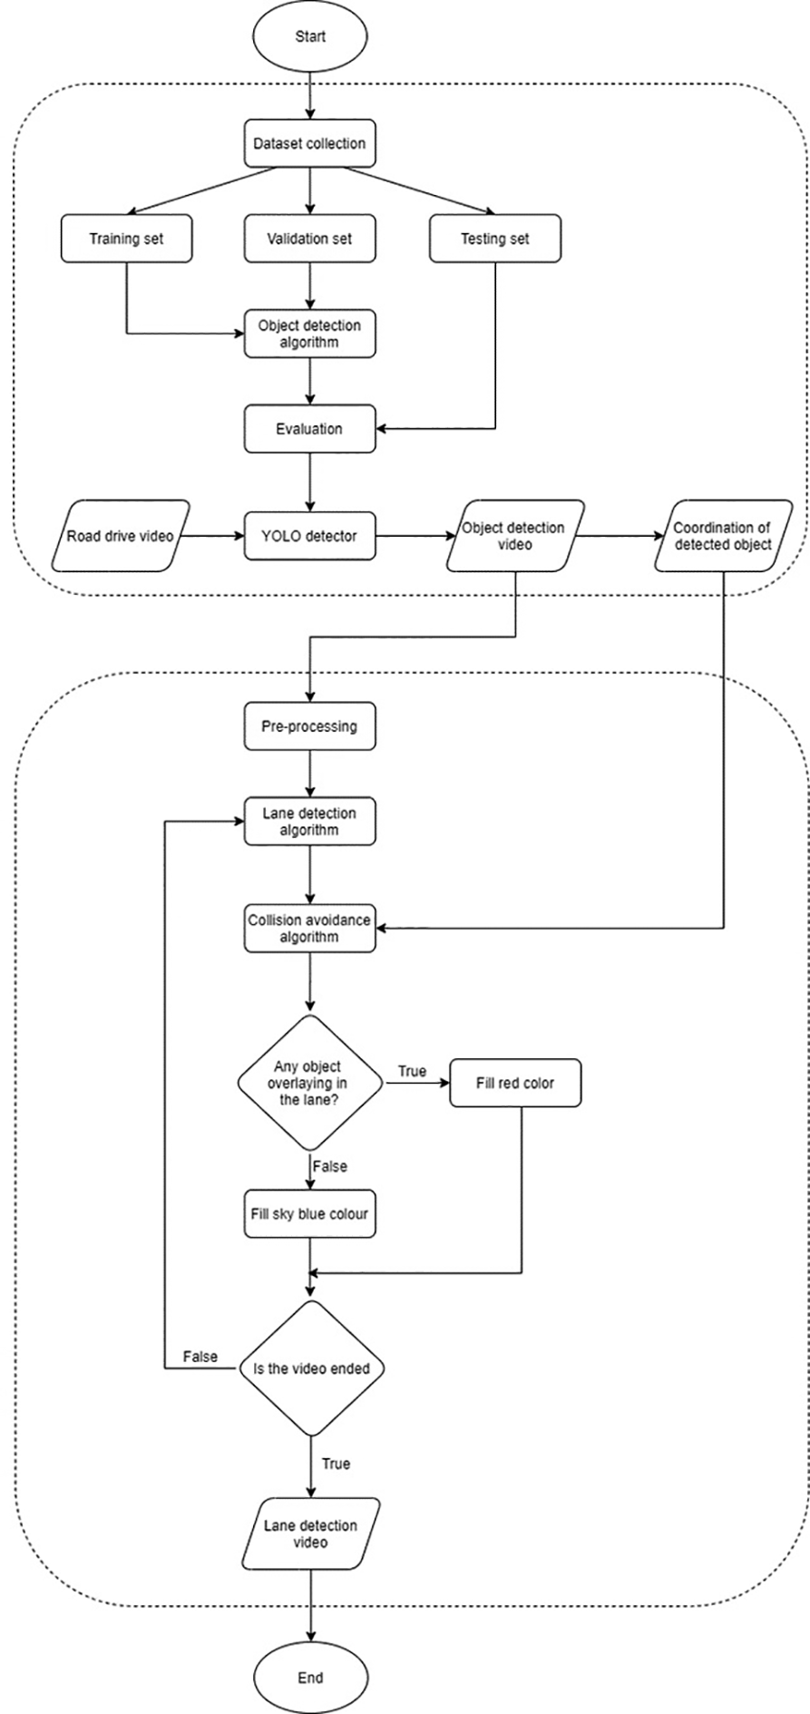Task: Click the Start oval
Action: click(x=310, y=37)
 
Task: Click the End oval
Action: click(x=310, y=1678)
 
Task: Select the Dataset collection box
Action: click(x=309, y=143)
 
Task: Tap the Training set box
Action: click(x=126, y=239)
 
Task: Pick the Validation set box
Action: click(x=309, y=239)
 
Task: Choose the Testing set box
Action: click(x=494, y=239)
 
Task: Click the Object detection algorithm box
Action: click(x=309, y=334)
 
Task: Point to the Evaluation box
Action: click(x=309, y=429)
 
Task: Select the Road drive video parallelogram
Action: click(x=120, y=536)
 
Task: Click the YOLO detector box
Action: click(x=309, y=536)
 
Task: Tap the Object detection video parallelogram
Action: click(x=513, y=536)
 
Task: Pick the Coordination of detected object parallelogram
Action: click(x=722, y=536)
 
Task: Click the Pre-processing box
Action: click(x=309, y=726)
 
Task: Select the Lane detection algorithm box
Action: click(x=309, y=822)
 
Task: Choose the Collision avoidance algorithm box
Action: click(x=309, y=928)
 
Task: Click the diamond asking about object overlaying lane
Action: click(x=310, y=1083)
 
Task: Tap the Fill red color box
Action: click(x=514, y=1083)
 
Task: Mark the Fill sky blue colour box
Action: click(x=309, y=1213)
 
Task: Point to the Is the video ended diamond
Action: click(x=311, y=1368)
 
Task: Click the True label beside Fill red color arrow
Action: click(x=412, y=1071)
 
